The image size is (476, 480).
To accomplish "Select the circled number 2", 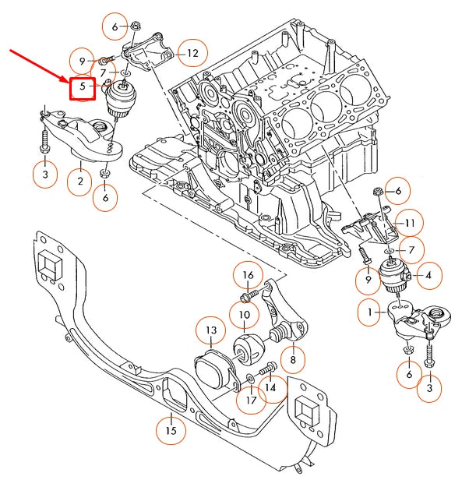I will coord(79,184).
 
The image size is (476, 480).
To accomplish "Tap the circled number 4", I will coord(429,274).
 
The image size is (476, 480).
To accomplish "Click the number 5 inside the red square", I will coord(82,87).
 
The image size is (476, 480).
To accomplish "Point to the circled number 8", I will coord(293,360).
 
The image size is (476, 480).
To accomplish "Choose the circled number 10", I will coord(245,316).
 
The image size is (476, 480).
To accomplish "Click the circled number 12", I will coord(191,54).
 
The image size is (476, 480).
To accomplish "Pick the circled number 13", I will coord(210,331).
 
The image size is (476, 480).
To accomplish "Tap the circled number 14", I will coord(270,387).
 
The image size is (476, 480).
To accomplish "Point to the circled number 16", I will coord(248,275).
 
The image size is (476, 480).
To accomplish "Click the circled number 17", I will coord(249,401).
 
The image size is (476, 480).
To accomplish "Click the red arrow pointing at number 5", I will coord(39,64).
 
